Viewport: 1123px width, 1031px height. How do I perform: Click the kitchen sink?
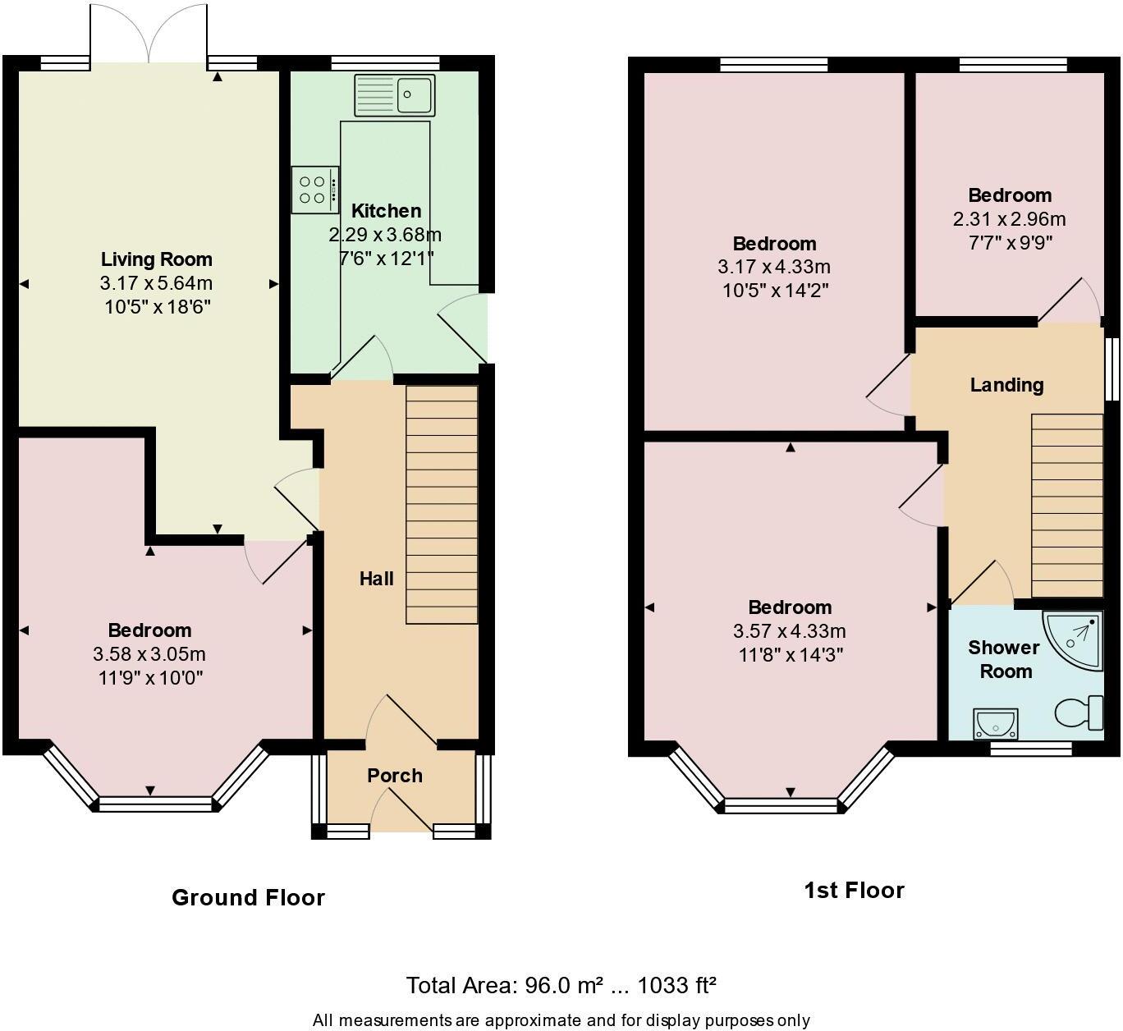396,94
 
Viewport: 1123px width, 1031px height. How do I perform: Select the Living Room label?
156,259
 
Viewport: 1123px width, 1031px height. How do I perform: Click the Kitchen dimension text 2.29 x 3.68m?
385,235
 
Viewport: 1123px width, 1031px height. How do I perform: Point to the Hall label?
376,579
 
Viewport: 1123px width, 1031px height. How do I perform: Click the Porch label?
394,775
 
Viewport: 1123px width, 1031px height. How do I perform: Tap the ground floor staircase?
442,505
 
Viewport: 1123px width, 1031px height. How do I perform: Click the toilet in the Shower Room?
1079,713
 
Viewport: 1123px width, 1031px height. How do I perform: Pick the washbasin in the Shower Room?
995,723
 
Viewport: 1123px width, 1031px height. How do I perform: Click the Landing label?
1006,385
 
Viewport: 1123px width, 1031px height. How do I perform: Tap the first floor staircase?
1066,505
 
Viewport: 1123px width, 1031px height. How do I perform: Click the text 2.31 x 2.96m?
1009,219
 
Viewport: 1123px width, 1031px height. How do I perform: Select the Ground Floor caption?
248,897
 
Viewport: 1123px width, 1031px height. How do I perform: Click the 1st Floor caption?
854,890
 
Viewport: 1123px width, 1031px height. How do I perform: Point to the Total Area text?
561,984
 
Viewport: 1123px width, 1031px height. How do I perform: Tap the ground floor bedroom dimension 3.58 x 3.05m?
149,654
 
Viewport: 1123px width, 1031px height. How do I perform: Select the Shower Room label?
1004,659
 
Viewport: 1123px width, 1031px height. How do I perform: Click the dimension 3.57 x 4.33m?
789,631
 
